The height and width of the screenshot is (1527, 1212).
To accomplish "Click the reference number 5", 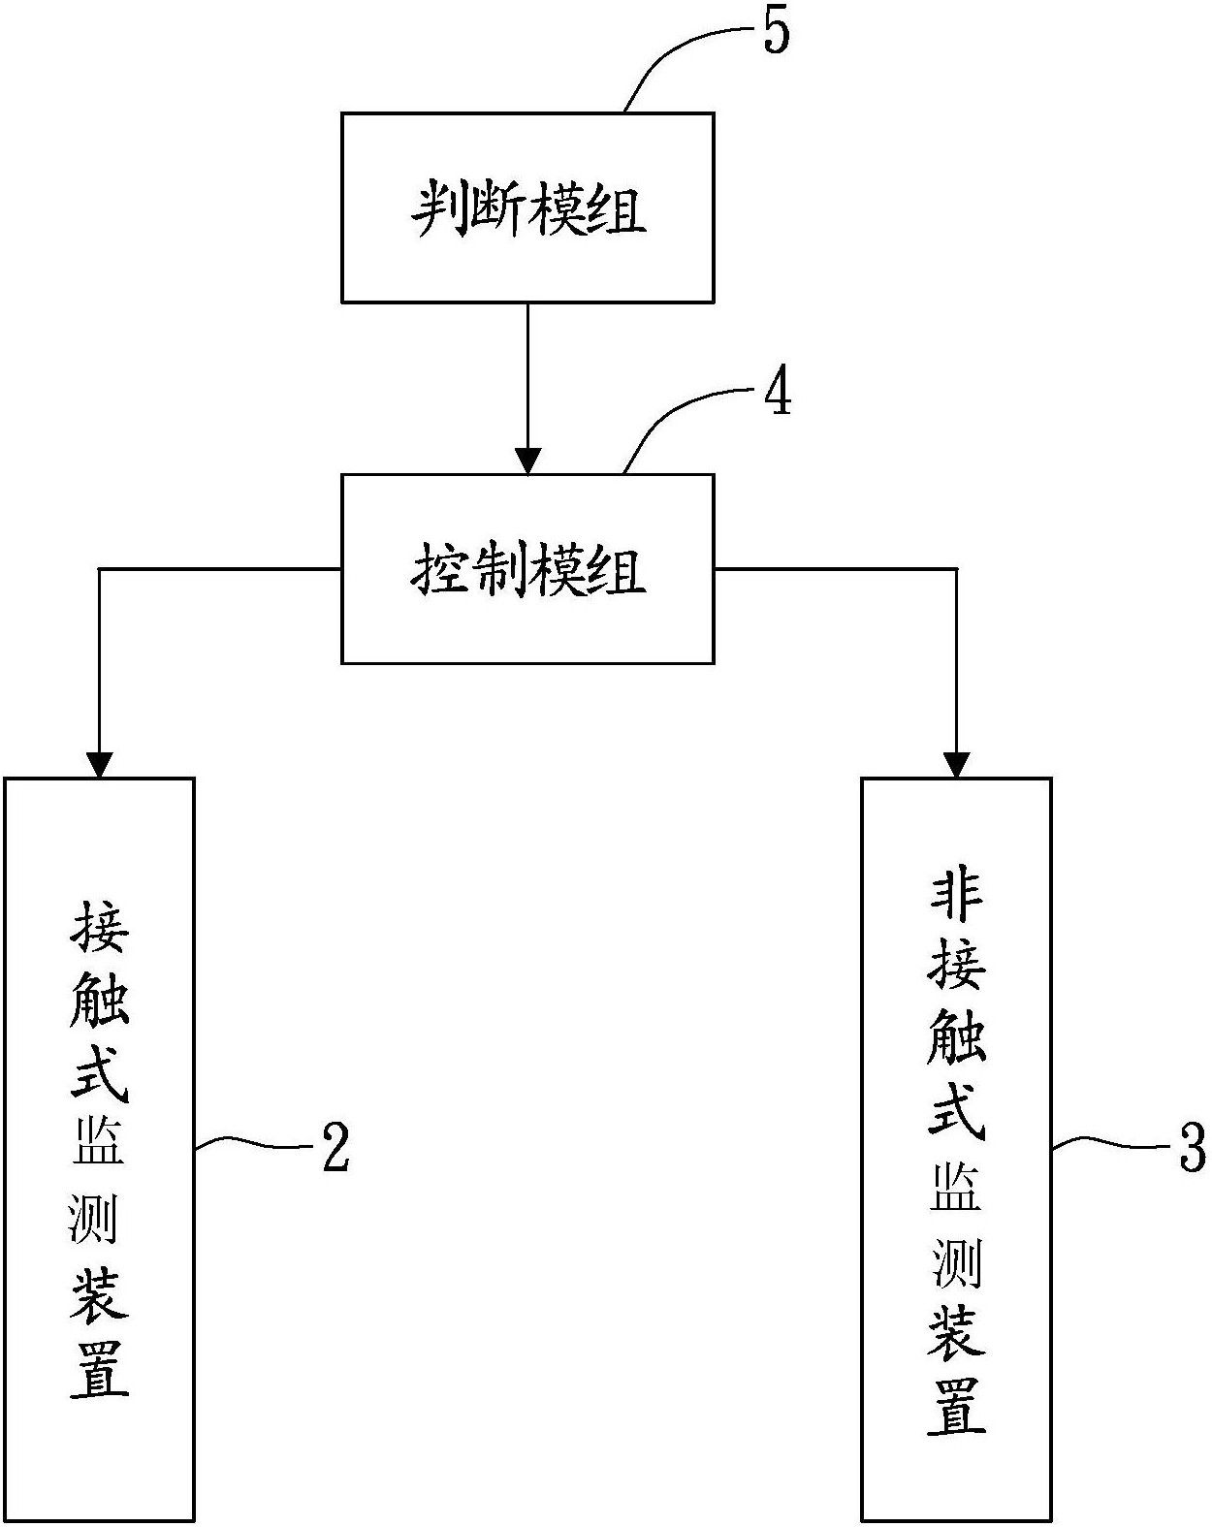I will pos(777,31).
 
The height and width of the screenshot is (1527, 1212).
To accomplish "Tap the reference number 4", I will pos(778,395).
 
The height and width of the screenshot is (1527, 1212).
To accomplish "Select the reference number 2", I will pos(334,1147).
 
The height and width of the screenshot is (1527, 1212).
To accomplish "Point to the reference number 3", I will pos(1192,1147).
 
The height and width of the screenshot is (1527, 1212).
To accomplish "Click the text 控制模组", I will pos(528,569).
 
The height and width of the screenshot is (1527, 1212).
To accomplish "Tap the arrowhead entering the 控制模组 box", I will pos(527,461).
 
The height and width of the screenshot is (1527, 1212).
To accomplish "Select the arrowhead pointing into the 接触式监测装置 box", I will pos(99,765).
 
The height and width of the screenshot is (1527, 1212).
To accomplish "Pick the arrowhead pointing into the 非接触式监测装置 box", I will pos(957,765).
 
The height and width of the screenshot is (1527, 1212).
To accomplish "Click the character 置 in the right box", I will pos(957,1406).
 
